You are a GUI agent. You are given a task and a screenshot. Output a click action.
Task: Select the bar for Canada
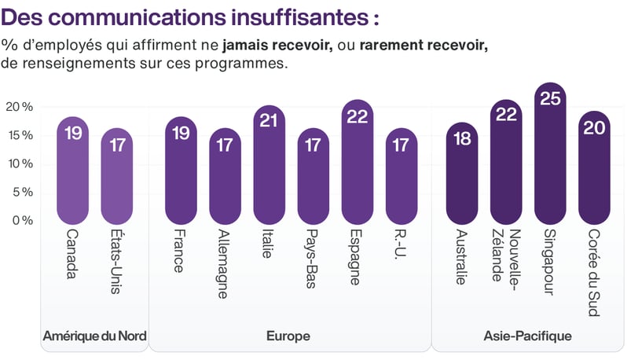(73, 169)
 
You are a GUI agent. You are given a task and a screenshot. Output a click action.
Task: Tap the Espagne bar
(357, 161)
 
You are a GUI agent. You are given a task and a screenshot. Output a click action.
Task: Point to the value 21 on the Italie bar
(269, 122)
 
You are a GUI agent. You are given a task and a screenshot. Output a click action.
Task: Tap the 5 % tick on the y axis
(20, 192)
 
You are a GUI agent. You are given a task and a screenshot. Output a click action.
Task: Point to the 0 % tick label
(20, 220)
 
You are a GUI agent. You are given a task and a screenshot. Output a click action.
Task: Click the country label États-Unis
(117, 262)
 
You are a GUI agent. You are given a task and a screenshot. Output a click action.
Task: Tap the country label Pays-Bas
(313, 259)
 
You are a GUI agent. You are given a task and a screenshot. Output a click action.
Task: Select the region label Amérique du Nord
(94, 336)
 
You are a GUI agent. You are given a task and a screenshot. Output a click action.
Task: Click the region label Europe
(288, 336)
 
